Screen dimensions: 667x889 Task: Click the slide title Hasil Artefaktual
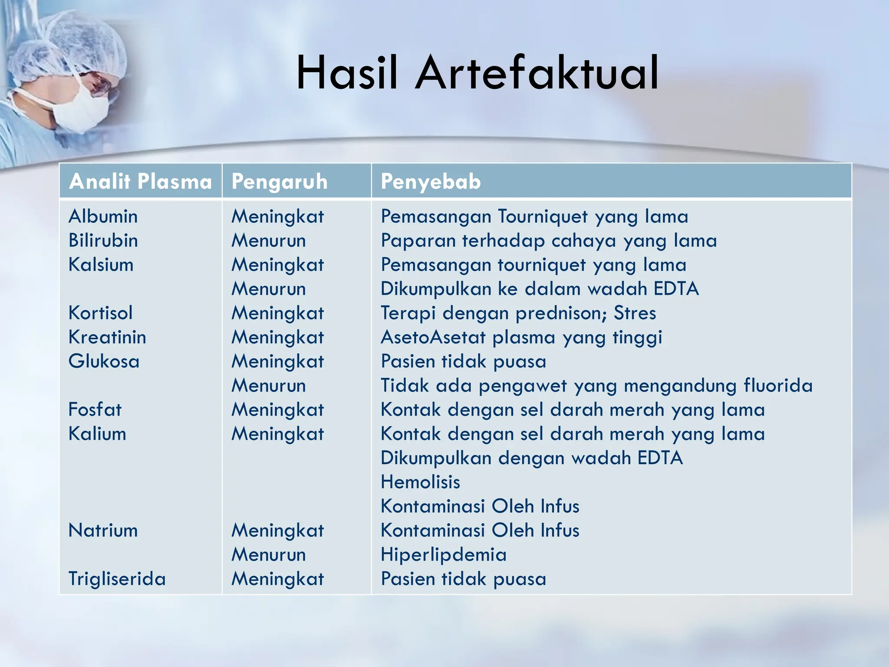pyautogui.click(x=477, y=73)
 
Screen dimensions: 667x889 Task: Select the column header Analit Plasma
pyautogui.click(x=140, y=181)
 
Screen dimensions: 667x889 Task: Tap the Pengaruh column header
pyautogui.click(x=279, y=181)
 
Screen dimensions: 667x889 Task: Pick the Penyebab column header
pyautogui.click(x=431, y=181)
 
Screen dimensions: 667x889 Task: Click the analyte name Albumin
pyautogui.click(x=103, y=216)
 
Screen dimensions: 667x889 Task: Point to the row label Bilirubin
pyautogui.click(x=103, y=241)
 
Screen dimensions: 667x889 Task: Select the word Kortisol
pyautogui.click(x=100, y=313)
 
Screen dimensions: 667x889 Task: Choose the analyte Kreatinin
pyautogui.click(x=107, y=337)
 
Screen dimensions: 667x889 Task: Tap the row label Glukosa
pyautogui.click(x=104, y=361)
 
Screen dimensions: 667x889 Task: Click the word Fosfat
pyautogui.click(x=95, y=409)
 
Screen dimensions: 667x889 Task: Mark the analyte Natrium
pyautogui.click(x=103, y=530)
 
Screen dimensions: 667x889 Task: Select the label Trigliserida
pyautogui.click(x=117, y=579)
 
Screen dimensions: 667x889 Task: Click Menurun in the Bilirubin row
pyautogui.click(x=268, y=241)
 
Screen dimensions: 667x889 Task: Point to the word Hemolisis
pyautogui.click(x=420, y=482)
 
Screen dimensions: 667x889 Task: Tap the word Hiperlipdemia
pyautogui.click(x=443, y=555)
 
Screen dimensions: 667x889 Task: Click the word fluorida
pyautogui.click(x=777, y=386)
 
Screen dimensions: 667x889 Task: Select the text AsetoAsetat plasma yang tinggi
pyautogui.click(x=521, y=337)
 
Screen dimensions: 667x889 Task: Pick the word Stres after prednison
pyautogui.click(x=634, y=313)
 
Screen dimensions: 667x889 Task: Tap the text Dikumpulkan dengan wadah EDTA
pyautogui.click(x=531, y=458)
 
